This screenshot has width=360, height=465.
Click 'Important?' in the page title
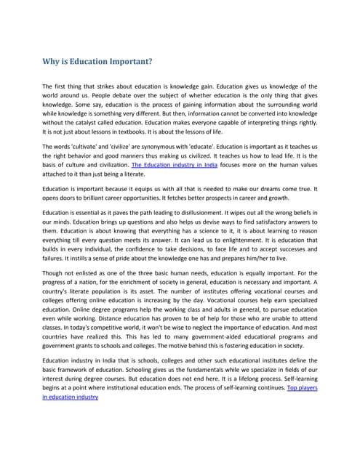(x=129, y=62)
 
